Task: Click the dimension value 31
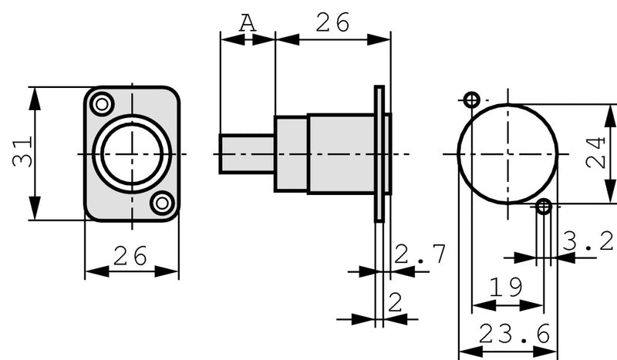click(x=21, y=153)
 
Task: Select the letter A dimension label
click(x=246, y=22)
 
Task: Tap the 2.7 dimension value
click(x=420, y=254)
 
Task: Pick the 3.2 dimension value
click(x=588, y=241)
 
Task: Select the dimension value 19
click(x=507, y=287)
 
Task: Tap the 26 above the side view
click(x=332, y=22)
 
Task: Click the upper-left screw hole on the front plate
click(x=101, y=103)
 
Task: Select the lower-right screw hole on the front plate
click(x=162, y=204)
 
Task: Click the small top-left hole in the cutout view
click(x=472, y=99)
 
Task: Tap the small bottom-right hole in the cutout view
click(x=544, y=206)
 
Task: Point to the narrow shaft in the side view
click(x=247, y=153)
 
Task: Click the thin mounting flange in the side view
click(x=379, y=153)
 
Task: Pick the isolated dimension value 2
click(x=395, y=302)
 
